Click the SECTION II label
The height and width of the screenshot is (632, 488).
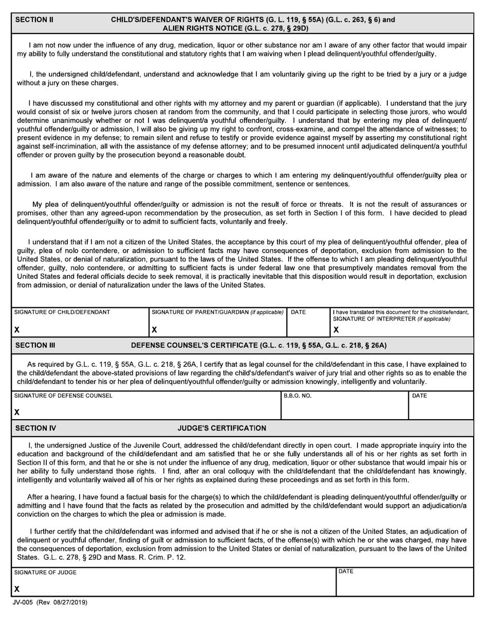click(x=34, y=20)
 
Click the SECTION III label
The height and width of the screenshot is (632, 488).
click(x=35, y=345)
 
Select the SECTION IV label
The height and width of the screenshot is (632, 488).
click(x=36, y=428)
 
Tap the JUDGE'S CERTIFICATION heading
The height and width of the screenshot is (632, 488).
click(x=222, y=428)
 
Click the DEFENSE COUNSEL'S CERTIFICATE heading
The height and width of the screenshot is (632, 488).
click(x=259, y=345)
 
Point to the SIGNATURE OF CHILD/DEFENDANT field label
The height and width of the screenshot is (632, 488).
click(x=62, y=312)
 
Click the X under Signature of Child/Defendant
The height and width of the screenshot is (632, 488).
click(x=17, y=329)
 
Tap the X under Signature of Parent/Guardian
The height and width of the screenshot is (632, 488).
click(x=154, y=329)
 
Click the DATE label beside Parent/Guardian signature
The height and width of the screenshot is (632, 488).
click(x=298, y=312)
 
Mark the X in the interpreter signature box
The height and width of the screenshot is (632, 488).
click(x=336, y=329)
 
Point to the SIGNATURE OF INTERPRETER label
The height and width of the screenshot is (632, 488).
click(x=392, y=319)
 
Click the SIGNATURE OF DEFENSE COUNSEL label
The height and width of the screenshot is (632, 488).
click(x=63, y=396)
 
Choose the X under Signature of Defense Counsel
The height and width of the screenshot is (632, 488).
click(x=17, y=412)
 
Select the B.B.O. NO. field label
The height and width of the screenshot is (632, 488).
click(x=297, y=396)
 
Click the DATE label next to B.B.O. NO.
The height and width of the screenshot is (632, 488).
click(x=420, y=396)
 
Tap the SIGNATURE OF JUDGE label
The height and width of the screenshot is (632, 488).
click(x=45, y=572)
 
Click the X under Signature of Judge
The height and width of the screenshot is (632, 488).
click(x=17, y=589)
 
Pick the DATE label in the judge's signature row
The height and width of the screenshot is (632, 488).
click(x=346, y=571)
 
